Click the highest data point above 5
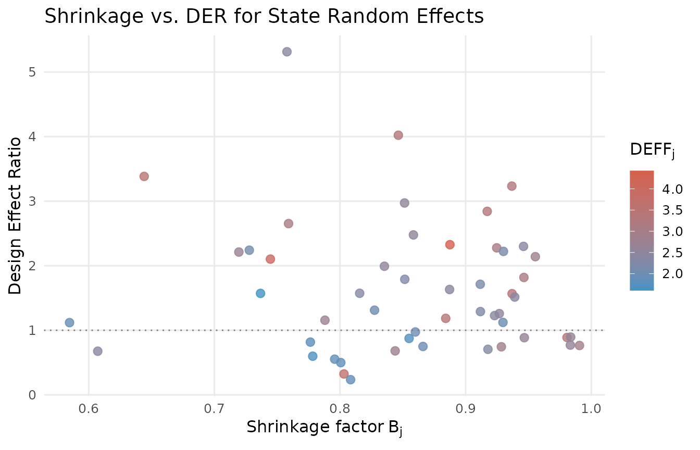[287, 52]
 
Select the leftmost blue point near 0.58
[69, 322]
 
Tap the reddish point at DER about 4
[398, 135]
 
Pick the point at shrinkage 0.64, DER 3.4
[144, 176]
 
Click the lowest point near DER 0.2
[351, 380]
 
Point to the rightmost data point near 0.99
[579, 345]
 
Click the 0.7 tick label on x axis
[214, 409]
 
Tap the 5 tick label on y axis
[32, 72]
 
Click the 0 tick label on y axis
[32, 395]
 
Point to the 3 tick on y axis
[32, 201]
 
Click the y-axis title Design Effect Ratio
[16, 215]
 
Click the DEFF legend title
[651, 151]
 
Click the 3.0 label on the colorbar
[672, 231]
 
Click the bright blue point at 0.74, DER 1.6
[260, 293]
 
